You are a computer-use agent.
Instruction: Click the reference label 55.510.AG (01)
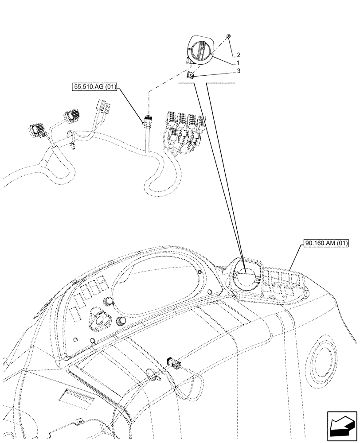[x=94, y=87]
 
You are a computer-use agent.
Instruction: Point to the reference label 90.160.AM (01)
[x=327, y=243]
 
